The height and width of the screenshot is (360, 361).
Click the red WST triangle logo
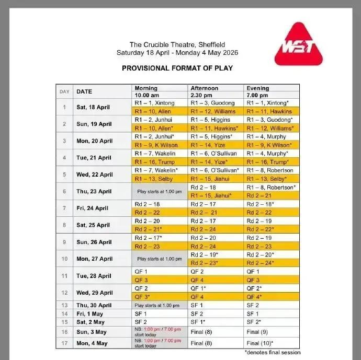point(298,46)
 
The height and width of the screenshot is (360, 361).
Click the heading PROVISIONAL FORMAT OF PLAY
point(177,68)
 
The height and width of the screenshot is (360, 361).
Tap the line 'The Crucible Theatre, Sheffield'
point(177,45)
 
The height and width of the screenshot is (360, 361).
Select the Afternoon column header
point(205,88)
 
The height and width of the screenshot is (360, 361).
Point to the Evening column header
point(257,88)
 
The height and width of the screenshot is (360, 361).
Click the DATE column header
point(84,91)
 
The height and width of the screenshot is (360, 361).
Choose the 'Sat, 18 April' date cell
point(94,107)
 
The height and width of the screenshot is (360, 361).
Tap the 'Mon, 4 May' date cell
point(92,343)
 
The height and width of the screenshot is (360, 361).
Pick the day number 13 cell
point(65,305)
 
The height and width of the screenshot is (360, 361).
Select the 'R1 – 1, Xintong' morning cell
point(154,103)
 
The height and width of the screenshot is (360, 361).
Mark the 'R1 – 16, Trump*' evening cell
point(270,162)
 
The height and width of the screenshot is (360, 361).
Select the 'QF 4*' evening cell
point(255,296)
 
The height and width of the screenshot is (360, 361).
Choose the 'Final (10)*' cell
point(260,343)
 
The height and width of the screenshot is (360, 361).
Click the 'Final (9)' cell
point(257,331)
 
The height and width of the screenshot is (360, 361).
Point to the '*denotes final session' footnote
point(272,352)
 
